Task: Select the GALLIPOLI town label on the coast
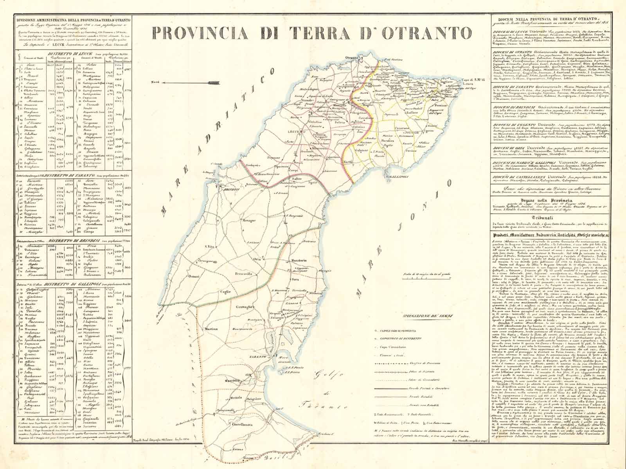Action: [397, 177]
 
